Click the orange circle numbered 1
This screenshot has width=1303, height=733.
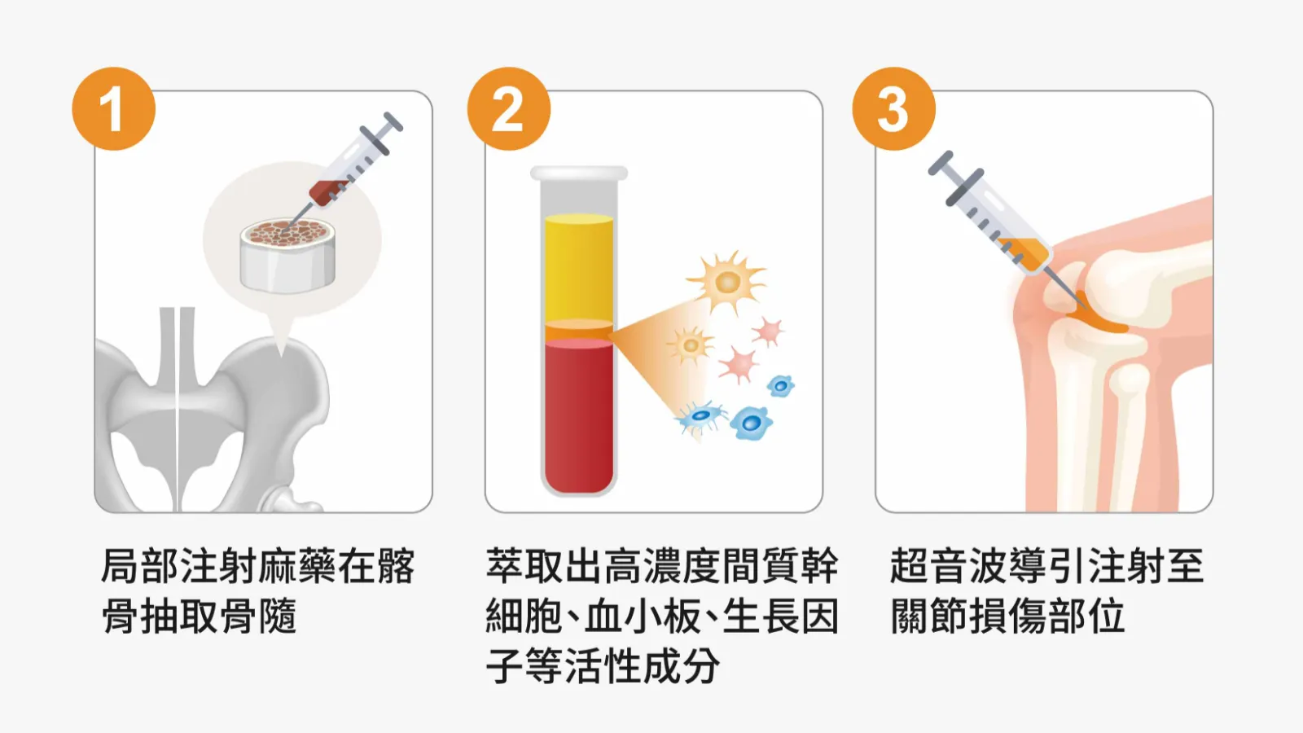(x=113, y=109)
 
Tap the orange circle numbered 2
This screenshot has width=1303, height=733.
(x=508, y=109)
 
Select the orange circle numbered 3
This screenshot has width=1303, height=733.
(x=893, y=109)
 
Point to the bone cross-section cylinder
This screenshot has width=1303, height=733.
(x=287, y=255)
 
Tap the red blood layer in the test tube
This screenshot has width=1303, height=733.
(x=579, y=416)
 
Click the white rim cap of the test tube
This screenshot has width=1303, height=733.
(x=579, y=173)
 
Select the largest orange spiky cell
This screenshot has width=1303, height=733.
(x=727, y=282)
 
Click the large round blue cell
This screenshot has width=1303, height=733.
(x=751, y=423)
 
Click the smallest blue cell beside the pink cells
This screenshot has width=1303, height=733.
(x=781, y=385)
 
